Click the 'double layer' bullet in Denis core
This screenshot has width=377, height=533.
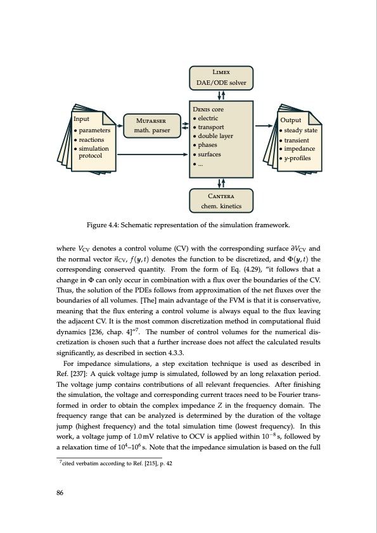(215, 135)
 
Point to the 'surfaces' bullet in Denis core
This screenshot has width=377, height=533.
(210, 153)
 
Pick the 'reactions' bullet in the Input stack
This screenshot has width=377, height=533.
(93, 139)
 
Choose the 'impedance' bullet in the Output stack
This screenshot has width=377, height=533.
(300, 149)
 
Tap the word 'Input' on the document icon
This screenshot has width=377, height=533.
(82, 118)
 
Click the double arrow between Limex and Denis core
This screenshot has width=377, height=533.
(221, 95)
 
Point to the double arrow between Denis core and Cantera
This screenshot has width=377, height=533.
(221, 183)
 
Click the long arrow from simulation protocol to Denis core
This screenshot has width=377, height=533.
(153, 153)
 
